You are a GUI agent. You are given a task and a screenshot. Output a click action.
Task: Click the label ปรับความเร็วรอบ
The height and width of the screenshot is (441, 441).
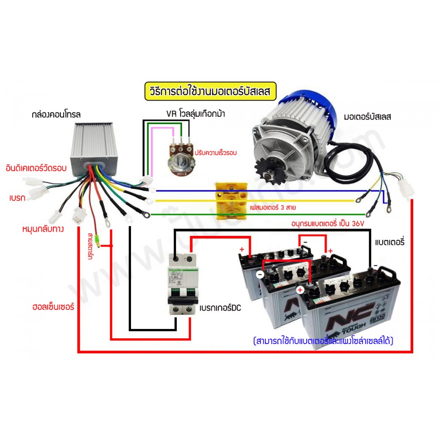pyautogui.click(x=216, y=153)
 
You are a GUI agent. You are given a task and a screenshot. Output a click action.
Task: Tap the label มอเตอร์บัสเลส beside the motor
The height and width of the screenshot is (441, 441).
pyautogui.click(x=367, y=117)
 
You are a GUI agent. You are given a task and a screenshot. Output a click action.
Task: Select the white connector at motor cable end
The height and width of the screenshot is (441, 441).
pyautogui.click(x=404, y=191)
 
